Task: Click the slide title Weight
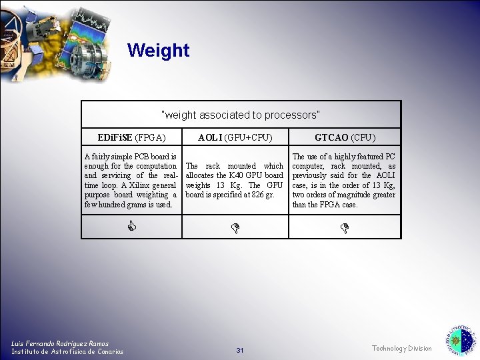(x=158, y=51)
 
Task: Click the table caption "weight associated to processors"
(x=241, y=115)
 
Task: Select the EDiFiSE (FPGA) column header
(x=131, y=138)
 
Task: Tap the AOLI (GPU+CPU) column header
(x=235, y=138)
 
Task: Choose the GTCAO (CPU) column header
(x=345, y=138)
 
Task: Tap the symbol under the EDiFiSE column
(x=131, y=227)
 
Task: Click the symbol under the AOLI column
(x=235, y=228)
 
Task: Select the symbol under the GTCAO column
(x=345, y=228)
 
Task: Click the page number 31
(x=240, y=351)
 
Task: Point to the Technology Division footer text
(x=401, y=349)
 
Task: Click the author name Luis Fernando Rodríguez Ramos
(x=60, y=343)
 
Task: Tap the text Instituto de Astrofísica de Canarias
(x=67, y=351)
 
